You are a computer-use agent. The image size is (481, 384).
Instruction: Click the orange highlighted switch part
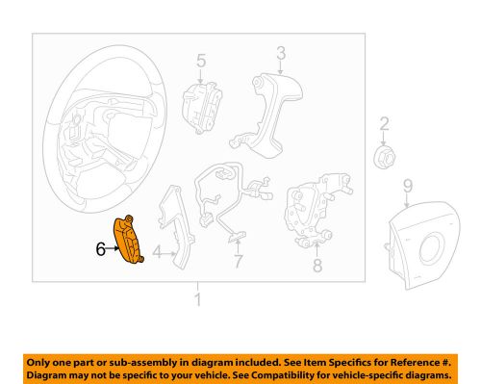tap(128, 241)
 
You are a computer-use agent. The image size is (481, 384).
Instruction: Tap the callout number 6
tap(101, 249)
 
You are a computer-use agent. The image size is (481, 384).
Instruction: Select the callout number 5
tap(201, 61)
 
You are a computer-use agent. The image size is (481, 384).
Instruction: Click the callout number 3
tap(281, 53)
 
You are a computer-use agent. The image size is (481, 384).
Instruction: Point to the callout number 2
tap(384, 124)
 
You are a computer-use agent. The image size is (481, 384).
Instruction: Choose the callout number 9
tap(408, 186)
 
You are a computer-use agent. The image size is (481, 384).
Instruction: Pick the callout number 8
tap(317, 266)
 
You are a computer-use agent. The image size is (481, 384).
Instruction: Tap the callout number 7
tap(238, 261)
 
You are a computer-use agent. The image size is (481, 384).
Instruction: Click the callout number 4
tap(157, 252)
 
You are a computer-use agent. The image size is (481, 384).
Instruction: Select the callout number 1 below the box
tap(198, 299)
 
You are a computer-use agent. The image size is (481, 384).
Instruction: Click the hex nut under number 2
tap(384, 157)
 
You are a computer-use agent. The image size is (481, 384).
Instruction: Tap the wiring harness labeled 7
tap(233, 199)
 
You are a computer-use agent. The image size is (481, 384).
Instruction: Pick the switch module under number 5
tap(202, 108)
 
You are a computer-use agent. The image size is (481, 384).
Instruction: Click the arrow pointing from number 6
tap(113, 248)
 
